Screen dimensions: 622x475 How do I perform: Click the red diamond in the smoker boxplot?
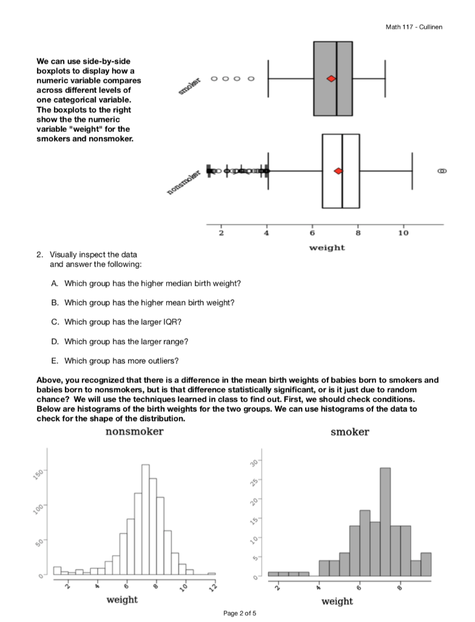coord(331,79)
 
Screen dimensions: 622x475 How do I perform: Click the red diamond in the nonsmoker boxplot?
coord(338,171)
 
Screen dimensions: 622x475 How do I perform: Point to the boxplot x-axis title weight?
coord(326,247)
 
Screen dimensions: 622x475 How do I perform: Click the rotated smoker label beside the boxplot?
coord(189,85)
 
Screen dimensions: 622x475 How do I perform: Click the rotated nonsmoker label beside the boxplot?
coord(183,183)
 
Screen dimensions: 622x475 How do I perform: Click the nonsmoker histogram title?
coord(134,432)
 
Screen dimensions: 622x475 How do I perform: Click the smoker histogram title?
coord(349,432)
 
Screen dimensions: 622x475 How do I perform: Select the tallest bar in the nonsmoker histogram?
coord(146,519)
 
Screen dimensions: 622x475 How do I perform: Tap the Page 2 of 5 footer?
coord(240,613)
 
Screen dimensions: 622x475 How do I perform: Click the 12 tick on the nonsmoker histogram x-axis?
coord(213,587)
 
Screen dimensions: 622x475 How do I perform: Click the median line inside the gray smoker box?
coord(336,79)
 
